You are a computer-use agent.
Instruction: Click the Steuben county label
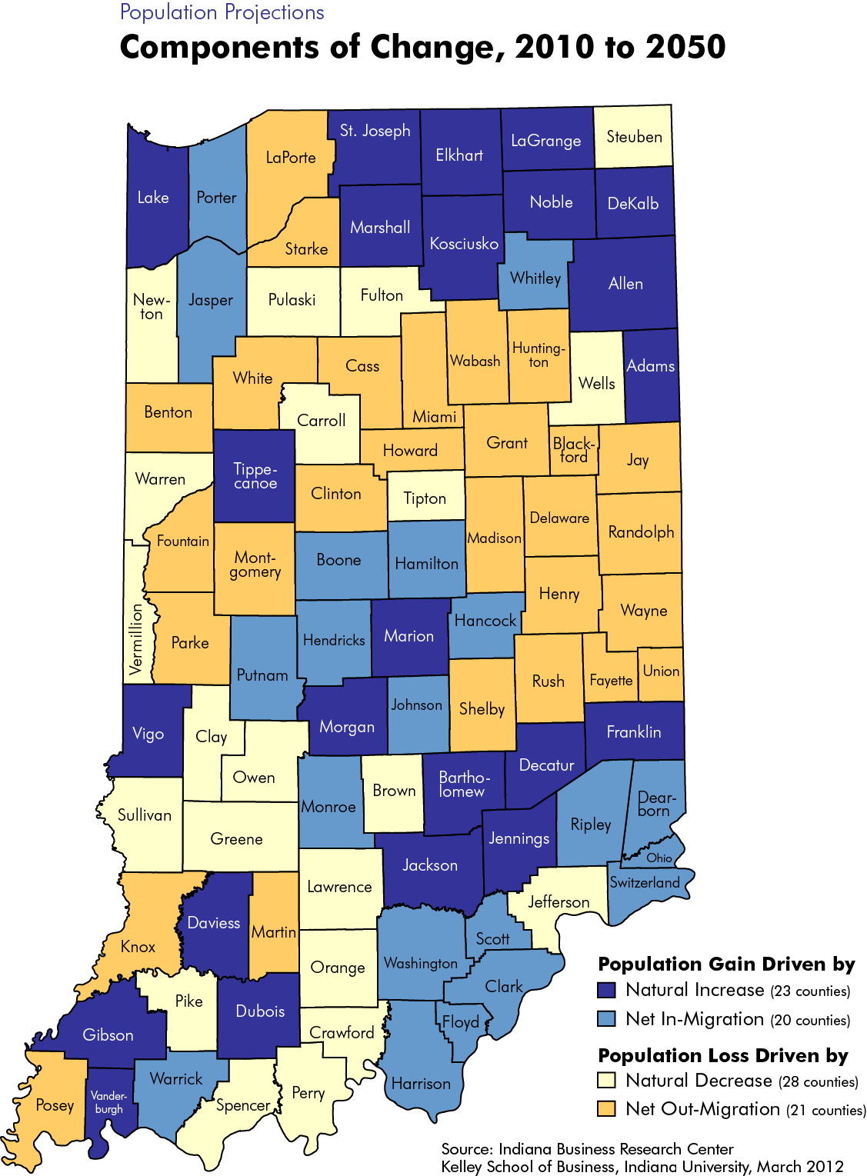[634, 137]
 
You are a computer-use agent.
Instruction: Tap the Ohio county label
[659, 858]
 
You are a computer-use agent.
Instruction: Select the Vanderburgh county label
[108, 1101]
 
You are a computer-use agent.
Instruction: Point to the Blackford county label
[574, 450]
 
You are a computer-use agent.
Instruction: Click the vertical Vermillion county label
[136, 639]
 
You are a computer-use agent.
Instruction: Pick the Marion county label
[408, 636]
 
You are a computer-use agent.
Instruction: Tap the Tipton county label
[425, 498]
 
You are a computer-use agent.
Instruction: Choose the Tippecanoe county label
[255, 476]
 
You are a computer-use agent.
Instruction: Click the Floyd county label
[460, 1022]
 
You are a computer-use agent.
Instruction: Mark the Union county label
[661, 671]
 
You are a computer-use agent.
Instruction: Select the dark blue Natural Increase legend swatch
[606, 990]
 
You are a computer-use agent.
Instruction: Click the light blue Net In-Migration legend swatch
[606, 1019]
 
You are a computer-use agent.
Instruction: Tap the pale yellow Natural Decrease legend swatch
[606, 1081]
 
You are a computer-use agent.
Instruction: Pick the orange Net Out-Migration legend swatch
[606, 1109]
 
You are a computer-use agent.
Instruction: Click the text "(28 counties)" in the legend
[818, 1082]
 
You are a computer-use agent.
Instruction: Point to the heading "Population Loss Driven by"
[722, 1055]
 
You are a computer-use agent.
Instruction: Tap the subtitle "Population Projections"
[222, 12]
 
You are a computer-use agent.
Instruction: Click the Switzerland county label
[645, 882]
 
